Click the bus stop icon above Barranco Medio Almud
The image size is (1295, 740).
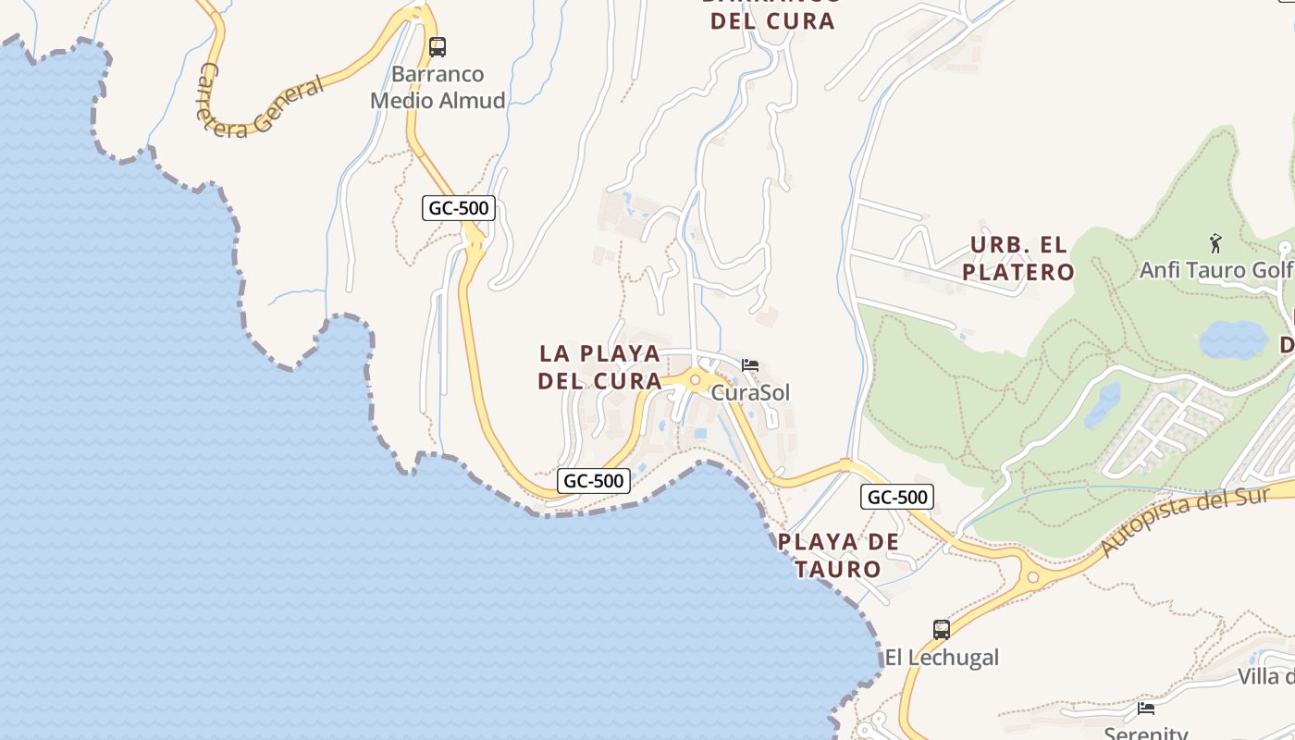click(x=438, y=46)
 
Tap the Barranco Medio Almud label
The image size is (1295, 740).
click(x=438, y=87)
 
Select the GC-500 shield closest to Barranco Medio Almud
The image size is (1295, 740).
click(x=459, y=208)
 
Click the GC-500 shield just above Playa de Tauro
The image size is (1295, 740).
click(x=897, y=497)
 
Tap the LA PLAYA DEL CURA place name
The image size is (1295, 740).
click(x=600, y=366)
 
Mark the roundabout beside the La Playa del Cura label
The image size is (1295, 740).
click(x=695, y=379)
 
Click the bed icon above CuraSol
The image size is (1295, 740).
click(x=750, y=365)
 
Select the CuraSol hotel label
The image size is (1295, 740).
click(x=750, y=392)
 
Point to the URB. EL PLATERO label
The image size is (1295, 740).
click(x=1017, y=258)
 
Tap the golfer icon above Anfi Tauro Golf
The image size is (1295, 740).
click(x=1215, y=243)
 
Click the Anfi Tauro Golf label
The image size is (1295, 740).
click(x=1215, y=270)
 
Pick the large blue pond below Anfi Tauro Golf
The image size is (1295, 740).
click(x=1234, y=340)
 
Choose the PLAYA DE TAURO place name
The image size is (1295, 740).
click(x=839, y=555)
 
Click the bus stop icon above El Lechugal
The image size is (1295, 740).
click(x=942, y=630)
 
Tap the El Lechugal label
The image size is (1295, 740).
click(x=942, y=658)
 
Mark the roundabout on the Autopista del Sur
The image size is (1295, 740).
click(x=1033, y=577)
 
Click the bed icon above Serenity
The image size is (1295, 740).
click(x=1146, y=709)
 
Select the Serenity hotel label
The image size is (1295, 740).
click(x=1146, y=732)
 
